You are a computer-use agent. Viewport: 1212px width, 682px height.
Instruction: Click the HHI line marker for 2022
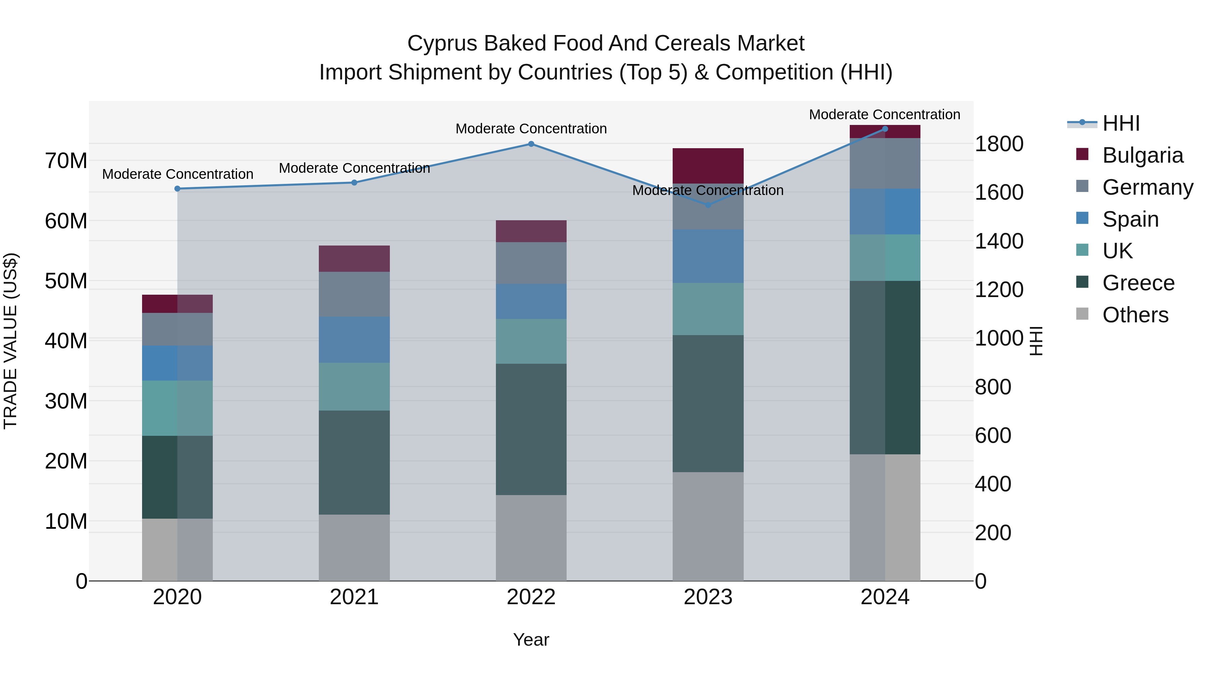531,144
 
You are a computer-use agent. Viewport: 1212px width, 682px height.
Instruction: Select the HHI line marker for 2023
708,205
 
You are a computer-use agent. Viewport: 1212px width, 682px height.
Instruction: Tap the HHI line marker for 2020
177,189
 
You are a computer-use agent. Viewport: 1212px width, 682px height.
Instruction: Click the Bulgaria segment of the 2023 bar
708,166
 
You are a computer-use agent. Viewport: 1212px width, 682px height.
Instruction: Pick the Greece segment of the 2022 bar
531,429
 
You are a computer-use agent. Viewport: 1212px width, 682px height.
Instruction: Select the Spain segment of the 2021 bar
354,340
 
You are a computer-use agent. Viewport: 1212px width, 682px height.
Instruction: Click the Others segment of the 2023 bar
708,526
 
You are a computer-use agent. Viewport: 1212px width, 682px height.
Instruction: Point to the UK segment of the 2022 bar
531,341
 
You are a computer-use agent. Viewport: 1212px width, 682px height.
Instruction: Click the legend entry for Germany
1147,187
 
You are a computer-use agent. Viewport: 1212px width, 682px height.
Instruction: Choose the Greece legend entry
1138,283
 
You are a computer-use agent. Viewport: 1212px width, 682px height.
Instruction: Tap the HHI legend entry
1121,123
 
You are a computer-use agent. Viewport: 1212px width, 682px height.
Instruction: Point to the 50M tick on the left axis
66,281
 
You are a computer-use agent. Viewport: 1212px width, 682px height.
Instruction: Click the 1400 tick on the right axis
999,241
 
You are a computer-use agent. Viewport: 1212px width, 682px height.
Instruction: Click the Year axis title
531,640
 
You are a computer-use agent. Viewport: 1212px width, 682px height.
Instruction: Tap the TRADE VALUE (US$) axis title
10,341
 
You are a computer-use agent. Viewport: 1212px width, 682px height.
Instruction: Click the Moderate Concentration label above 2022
531,129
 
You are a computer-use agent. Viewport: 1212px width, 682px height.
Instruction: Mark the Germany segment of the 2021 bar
354,294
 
